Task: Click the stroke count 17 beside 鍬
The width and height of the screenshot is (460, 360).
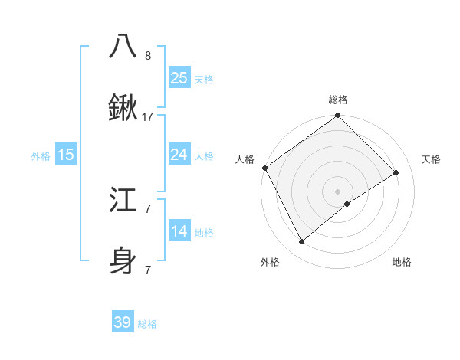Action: pyautogui.click(x=148, y=117)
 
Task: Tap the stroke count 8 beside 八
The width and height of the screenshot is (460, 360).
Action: pyautogui.click(x=148, y=56)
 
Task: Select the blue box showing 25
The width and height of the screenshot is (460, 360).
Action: pyautogui.click(x=179, y=78)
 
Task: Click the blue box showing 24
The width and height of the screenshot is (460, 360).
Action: pyautogui.click(x=179, y=155)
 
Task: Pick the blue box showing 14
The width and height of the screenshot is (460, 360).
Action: pyautogui.click(x=179, y=231)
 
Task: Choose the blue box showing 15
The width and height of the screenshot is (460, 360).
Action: pyautogui.click(x=66, y=155)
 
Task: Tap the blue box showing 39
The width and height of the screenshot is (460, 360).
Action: pyautogui.click(x=123, y=322)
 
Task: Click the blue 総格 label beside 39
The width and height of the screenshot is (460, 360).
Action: pyautogui.click(x=147, y=324)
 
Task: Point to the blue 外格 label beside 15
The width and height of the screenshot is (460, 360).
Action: pyautogui.click(x=41, y=156)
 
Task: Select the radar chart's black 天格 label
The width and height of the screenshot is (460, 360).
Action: pyautogui.click(x=431, y=159)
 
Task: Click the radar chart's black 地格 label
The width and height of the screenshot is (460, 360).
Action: pyautogui.click(x=402, y=262)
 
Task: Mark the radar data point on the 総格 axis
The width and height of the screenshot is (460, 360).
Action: pyautogui.click(x=337, y=116)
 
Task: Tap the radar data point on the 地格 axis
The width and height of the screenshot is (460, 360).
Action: pyautogui.click(x=347, y=204)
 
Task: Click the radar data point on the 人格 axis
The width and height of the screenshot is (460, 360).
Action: pyautogui.click(x=264, y=168)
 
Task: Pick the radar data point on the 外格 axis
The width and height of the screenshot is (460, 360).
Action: pyautogui.click(x=302, y=242)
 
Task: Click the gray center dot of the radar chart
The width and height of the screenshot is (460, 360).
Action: pyautogui.click(x=337, y=191)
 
